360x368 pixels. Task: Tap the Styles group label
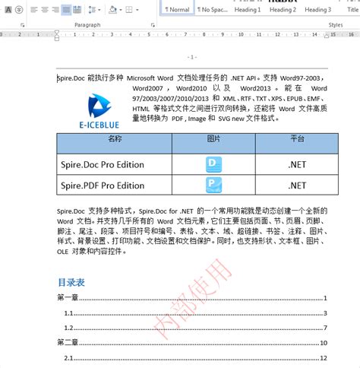pos(335,25)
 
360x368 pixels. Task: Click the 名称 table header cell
pos(114,140)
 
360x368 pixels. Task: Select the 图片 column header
pos(214,140)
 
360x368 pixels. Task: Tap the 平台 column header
pos(296,140)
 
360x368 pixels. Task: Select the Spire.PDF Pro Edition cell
pos(103,185)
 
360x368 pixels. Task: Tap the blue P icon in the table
pos(214,185)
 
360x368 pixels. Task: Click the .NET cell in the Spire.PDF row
pos(296,185)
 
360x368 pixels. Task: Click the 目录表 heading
pos(71,282)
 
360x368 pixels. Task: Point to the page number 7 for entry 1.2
pos(324,328)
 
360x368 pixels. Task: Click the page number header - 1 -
pos(191,57)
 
